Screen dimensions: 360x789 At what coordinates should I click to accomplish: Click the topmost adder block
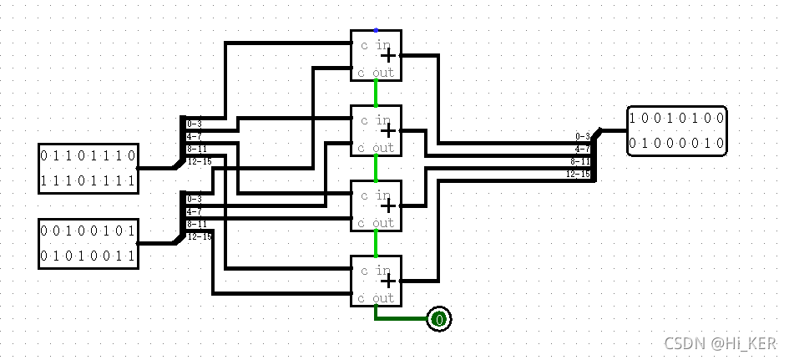pos(376,55)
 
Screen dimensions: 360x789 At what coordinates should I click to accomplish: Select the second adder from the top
pos(376,130)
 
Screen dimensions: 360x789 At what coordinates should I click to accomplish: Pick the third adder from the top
pos(376,205)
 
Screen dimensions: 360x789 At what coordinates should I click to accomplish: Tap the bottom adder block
pos(376,281)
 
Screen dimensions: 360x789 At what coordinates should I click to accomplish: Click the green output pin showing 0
pos(439,319)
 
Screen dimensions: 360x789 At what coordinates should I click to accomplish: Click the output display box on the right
pos(676,130)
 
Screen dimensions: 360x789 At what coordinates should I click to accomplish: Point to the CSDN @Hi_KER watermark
pos(720,342)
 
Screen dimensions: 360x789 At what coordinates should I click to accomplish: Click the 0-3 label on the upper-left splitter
pos(194,124)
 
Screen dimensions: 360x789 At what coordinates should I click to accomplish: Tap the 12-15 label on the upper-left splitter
pos(199,161)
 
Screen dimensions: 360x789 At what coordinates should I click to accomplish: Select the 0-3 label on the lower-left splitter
pos(194,199)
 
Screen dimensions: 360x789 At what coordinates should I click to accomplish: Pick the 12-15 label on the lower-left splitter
pos(199,236)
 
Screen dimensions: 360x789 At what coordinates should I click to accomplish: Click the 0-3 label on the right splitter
pos(583,135)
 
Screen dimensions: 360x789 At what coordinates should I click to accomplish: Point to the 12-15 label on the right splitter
pos(578,174)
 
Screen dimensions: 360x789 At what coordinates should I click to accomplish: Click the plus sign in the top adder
pos(388,55)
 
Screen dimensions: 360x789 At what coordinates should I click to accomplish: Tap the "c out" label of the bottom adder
pos(376,298)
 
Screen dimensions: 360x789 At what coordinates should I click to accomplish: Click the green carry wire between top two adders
pos(376,93)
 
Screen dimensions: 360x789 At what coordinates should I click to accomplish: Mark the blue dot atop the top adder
pos(376,31)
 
